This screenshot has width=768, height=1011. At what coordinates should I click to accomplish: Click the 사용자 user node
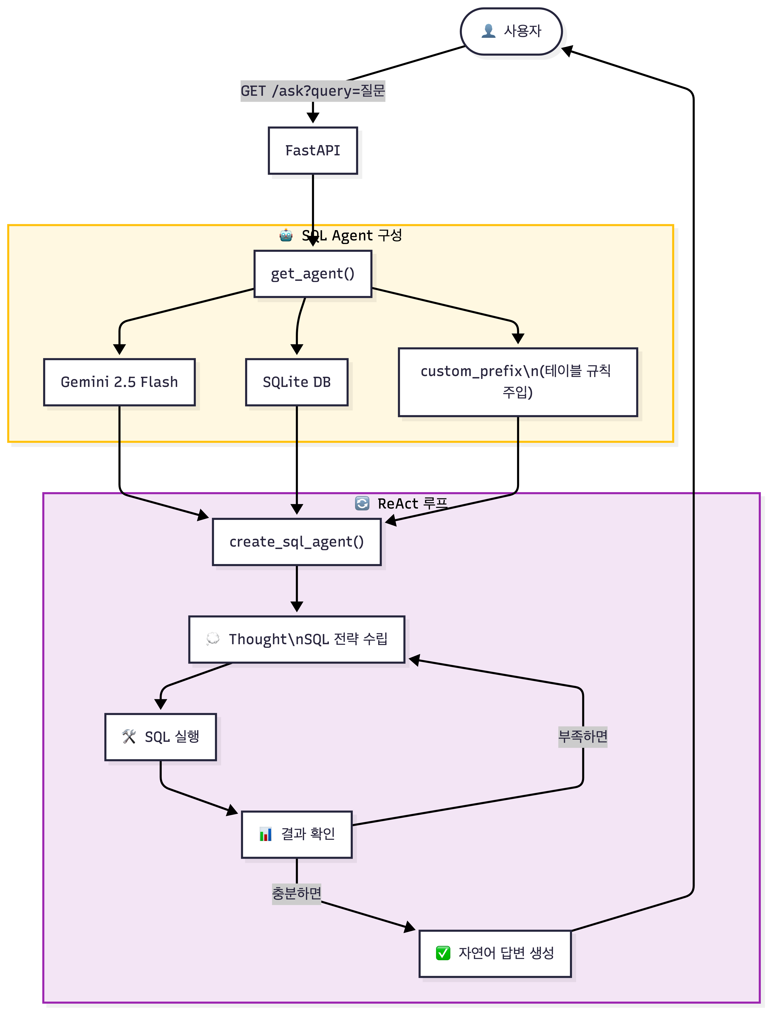(511, 31)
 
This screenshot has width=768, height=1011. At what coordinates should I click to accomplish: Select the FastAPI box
(313, 150)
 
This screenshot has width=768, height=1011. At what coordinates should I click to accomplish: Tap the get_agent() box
(313, 274)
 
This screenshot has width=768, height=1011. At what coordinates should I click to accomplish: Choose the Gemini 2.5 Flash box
(119, 382)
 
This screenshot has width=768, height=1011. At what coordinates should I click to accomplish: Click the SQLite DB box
(297, 382)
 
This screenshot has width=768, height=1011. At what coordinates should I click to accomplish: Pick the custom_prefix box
(518, 382)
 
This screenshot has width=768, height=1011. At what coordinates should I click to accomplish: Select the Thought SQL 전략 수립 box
(297, 639)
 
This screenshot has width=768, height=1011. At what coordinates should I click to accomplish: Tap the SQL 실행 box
(160, 737)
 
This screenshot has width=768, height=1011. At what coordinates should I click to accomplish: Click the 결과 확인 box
(297, 834)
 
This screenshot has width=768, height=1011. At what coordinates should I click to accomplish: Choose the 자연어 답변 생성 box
(495, 953)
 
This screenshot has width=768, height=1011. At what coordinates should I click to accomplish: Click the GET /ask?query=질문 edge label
(313, 91)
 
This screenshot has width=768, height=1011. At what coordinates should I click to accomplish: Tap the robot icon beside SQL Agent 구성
(286, 235)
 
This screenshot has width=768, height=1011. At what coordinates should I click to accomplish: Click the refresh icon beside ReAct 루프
(362, 503)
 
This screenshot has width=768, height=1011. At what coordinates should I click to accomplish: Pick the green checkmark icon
(443, 953)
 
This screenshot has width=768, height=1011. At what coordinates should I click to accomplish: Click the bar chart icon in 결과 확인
(266, 834)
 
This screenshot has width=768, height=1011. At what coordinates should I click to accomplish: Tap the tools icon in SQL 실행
(129, 737)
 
